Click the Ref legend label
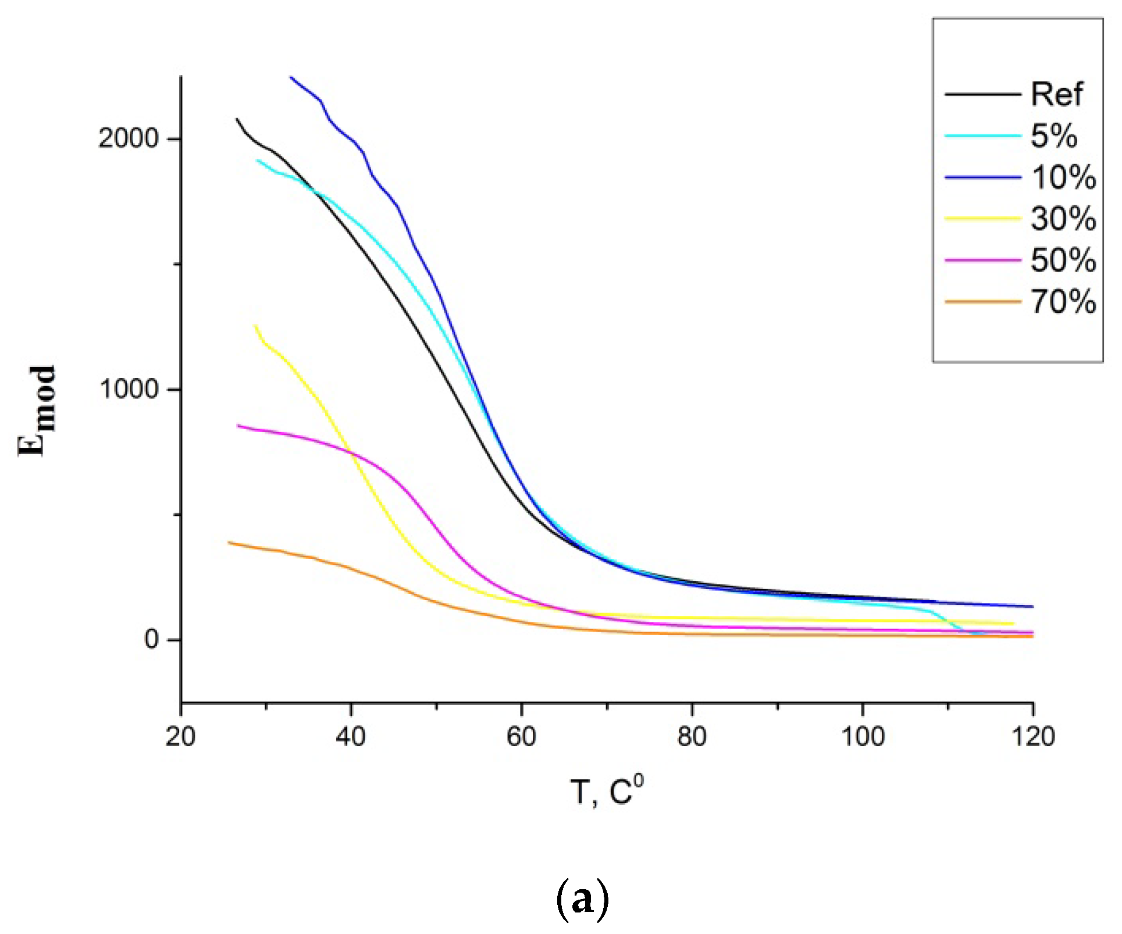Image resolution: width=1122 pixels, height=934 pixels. [1056, 94]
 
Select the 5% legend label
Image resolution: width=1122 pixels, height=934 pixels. [1053, 136]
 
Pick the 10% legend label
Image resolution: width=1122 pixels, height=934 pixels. [1063, 177]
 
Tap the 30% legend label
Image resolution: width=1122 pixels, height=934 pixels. [1063, 219]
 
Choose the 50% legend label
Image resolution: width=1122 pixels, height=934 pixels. [1063, 260]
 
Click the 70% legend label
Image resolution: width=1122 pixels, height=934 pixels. [1063, 302]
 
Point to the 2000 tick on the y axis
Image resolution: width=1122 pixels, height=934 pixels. [129, 138]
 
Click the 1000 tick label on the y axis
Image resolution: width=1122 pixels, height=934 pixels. [129, 389]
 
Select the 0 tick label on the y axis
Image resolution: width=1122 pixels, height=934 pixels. [152, 640]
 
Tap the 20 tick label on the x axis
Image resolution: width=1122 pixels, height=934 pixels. [181, 737]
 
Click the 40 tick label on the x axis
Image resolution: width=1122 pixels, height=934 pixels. [351, 737]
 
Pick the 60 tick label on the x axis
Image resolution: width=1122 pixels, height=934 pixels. [521, 737]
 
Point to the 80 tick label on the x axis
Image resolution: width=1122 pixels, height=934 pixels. [692, 737]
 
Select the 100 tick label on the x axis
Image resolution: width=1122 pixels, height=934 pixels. [863, 737]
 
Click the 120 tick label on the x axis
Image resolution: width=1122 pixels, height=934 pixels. [1033, 737]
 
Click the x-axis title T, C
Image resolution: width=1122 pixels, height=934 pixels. [607, 792]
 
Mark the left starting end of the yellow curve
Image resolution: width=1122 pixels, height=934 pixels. [255, 326]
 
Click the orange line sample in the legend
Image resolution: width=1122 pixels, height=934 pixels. [982, 302]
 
